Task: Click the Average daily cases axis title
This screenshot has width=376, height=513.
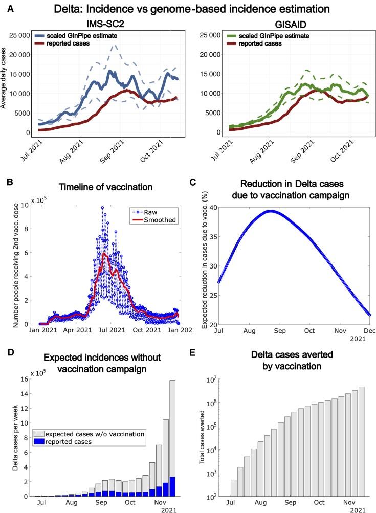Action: [x=5, y=84]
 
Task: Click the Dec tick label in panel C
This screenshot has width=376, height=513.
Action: [x=369, y=331]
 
